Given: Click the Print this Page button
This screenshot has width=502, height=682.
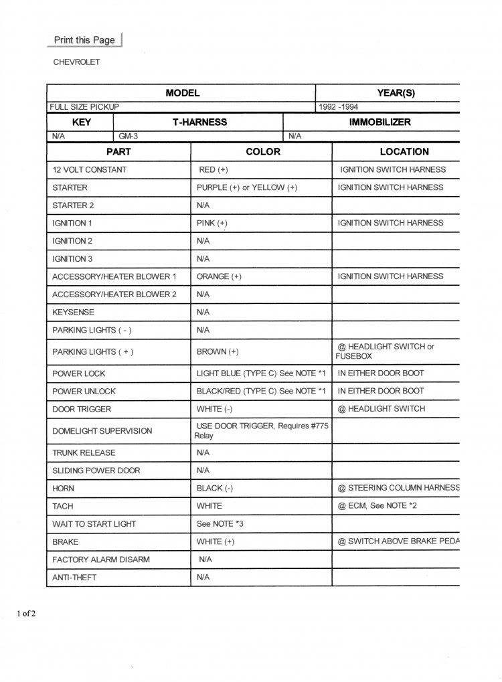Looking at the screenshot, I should [x=84, y=40].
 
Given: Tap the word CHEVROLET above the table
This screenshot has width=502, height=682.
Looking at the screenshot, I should [x=76, y=62].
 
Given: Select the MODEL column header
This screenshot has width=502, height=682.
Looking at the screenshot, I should [x=182, y=93].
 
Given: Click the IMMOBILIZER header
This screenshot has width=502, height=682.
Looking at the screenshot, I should [x=380, y=122].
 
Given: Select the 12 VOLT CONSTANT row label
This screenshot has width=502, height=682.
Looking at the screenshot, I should [x=89, y=170].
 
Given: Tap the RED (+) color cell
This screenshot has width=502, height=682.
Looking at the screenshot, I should [x=214, y=170].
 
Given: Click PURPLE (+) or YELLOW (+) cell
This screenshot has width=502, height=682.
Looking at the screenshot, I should [x=247, y=188].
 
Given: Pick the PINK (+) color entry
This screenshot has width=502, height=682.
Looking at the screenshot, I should [x=212, y=223].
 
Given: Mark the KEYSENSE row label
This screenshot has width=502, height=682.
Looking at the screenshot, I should [x=73, y=312].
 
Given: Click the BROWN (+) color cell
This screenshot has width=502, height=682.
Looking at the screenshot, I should [x=218, y=351].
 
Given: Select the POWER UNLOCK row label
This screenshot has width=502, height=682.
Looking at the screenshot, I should [x=84, y=392].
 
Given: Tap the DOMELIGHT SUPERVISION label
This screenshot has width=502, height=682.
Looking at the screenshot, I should [x=102, y=431].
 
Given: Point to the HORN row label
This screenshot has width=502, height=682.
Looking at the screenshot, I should [x=63, y=489].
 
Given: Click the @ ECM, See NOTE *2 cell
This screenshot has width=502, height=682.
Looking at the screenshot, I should [x=378, y=506].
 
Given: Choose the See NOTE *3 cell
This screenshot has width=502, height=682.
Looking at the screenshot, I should [x=220, y=523].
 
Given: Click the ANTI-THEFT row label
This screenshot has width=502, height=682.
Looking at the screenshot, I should [x=74, y=577].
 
